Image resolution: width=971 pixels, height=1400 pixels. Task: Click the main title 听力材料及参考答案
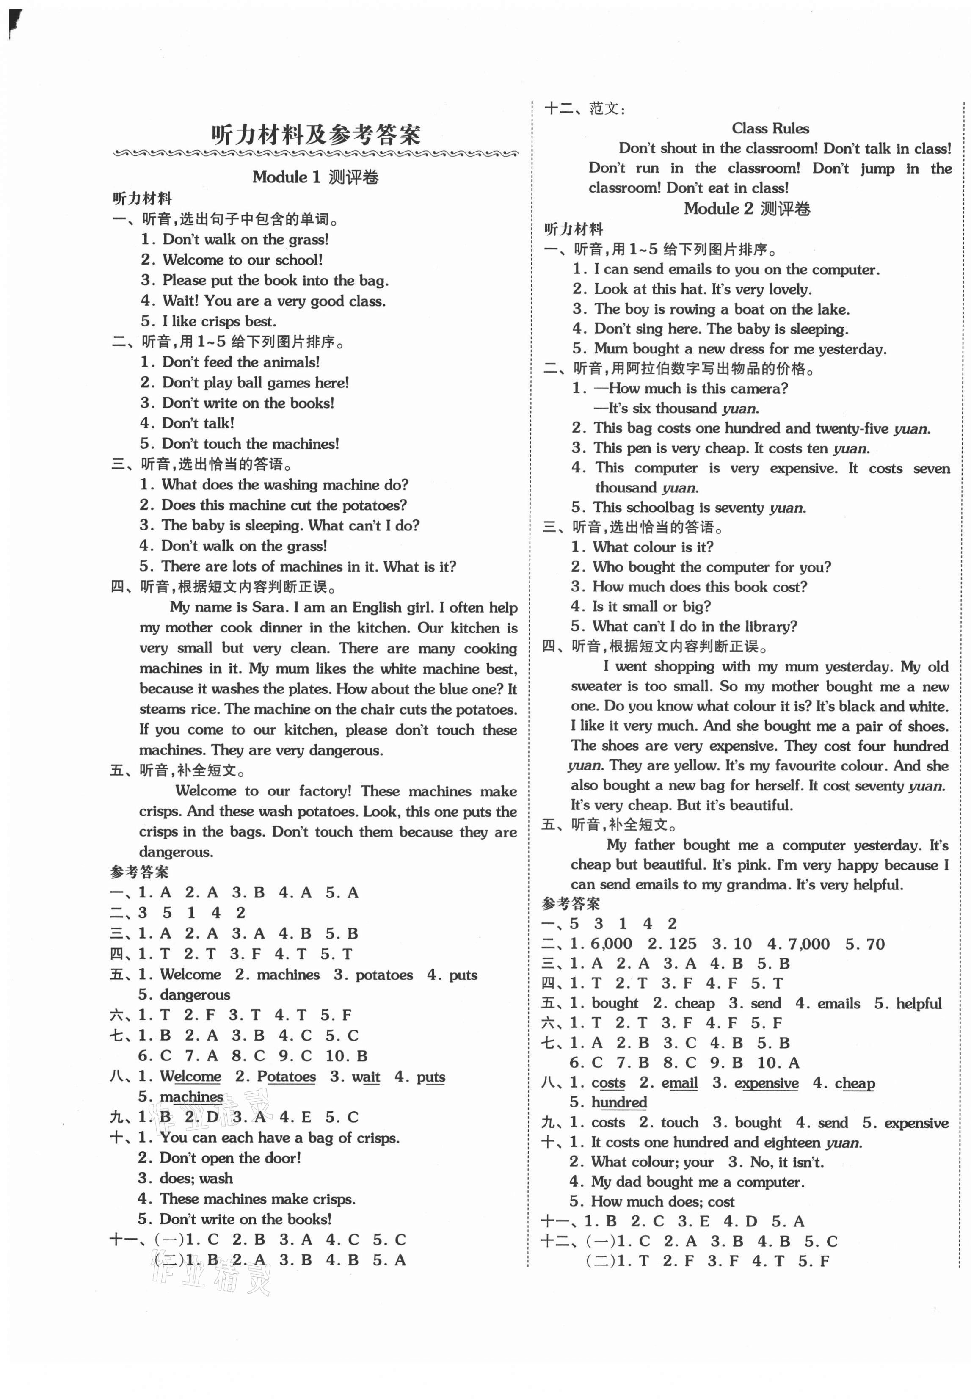pyautogui.click(x=315, y=135)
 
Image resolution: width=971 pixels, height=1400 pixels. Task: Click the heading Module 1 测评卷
pyautogui.click(x=315, y=177)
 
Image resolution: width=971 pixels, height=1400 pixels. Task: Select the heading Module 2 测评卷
pyautogui.click(x=747, y=209)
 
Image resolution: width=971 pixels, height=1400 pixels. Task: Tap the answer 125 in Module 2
pyautogui.click(x=682, y=944)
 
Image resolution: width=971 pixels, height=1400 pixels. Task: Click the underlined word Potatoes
pyautogui.click(x=286, y=1076)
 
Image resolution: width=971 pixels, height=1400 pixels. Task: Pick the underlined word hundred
pyautogui.click(x=619, y=1102)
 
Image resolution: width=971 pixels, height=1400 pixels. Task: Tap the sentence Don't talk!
pyautogui.click(x=198, y=423)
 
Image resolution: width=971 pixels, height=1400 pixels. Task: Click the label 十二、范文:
pyautogui.click(x=584, y=109)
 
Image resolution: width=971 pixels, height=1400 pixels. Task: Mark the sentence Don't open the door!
pyautogui.click(x=230, y=1157)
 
